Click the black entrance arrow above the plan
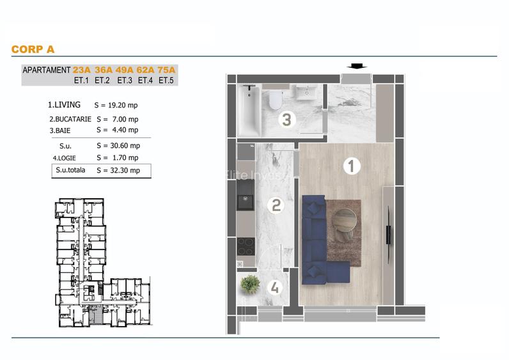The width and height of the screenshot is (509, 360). click(357, 67)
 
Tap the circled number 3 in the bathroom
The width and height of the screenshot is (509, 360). click(286, 120)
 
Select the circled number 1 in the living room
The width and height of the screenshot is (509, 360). click(352, 166)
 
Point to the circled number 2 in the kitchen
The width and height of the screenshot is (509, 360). click(276, 205)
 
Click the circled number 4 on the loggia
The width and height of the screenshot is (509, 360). click(275, 288)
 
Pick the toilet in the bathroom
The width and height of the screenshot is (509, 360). click(275, 98)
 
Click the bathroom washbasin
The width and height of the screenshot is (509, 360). click(306, 92)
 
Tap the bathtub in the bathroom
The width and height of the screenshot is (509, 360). click(249, 111)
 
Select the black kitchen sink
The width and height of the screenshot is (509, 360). click(246, 202)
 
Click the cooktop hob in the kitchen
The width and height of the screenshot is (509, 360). click(246, 246)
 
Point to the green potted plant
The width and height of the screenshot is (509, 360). click(250, 285)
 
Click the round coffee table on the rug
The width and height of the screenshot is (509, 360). click(345, 221)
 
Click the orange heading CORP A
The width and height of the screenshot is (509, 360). click(33, 49)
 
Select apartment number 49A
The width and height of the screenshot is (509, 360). click(124, 70)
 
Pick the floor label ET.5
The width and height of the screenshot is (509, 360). click(166, 80)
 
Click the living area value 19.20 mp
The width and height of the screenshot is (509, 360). click(123, 105)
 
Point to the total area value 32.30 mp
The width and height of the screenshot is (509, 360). click(125, 171)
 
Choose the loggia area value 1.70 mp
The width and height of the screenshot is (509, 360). click(125, 158)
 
